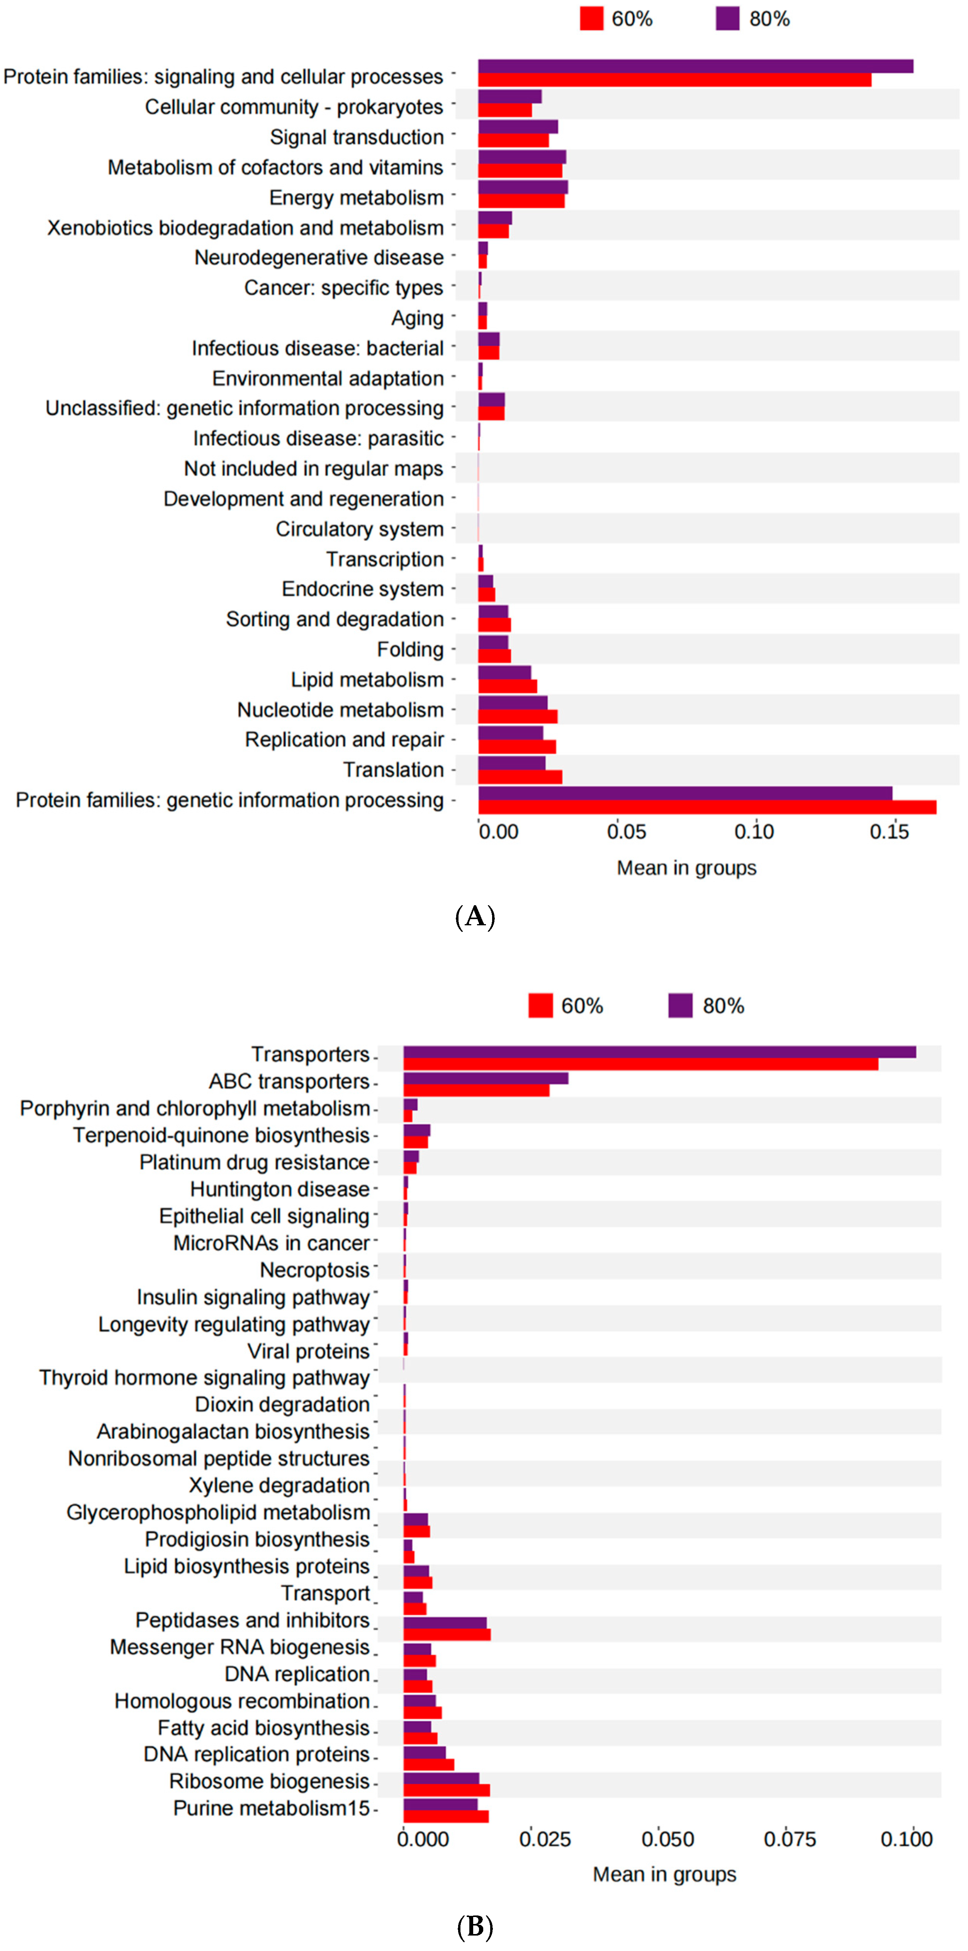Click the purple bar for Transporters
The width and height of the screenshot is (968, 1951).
(x=659, y=1052)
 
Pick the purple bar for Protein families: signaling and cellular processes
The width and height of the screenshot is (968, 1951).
(x=695, y=66)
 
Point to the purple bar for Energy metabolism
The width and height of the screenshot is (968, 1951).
(x=523, y=187)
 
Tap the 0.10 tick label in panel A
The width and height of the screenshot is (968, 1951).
(x=754, y=832)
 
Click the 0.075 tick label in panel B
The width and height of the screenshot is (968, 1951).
(x=789, y=1839)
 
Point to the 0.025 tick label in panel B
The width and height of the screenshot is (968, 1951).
(x=545, y=1839)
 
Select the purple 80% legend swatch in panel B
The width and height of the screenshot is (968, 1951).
(x=680, y=1006)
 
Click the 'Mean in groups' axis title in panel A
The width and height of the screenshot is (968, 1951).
(x=686, y=868)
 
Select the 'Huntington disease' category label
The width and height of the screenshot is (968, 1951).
(x=280, y=1189)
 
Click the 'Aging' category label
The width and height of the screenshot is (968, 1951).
(x=417, y=318)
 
